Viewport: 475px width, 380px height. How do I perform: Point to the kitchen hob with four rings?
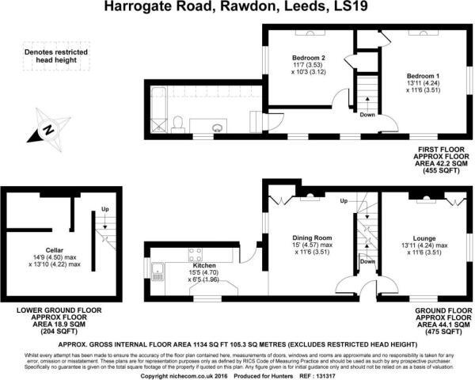[193, 254]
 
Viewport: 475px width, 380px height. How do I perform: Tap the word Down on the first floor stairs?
[367, 115]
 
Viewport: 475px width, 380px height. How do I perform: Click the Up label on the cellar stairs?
[104, 209]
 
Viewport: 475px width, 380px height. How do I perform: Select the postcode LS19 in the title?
[356, 8]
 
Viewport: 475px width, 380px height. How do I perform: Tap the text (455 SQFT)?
[445, 170]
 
